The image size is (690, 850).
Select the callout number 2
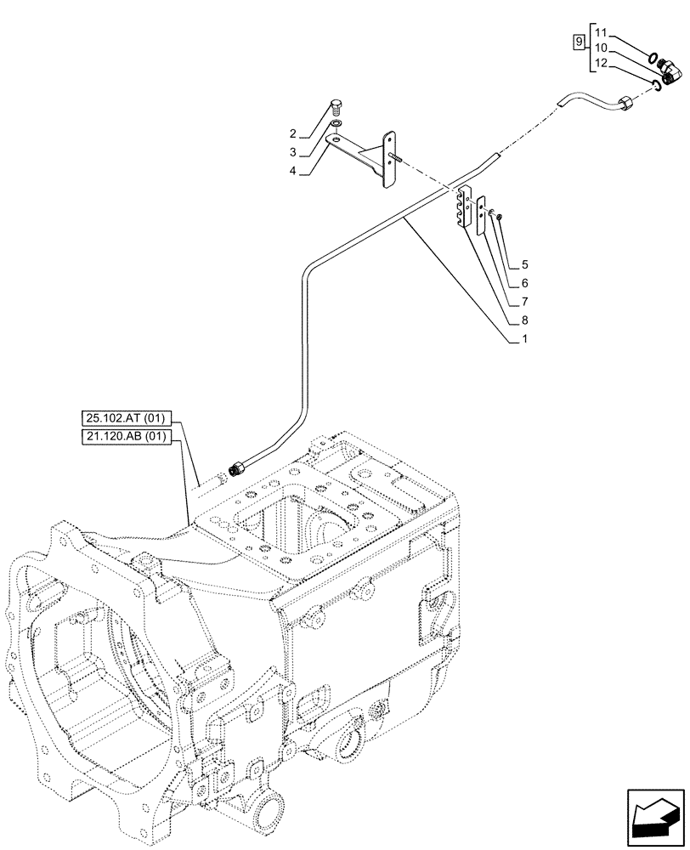[x=292, y=133]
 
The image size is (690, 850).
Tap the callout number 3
[x=292, y=152]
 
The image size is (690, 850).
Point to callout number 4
[x=292, y=171]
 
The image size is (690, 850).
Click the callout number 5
[x=525, y=264]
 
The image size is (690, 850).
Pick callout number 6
[x=525, y=283]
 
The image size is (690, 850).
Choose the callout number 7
[x=525, y=302]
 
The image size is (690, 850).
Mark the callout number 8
[x=525, y=321]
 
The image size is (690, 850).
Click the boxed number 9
[x=578, y=41]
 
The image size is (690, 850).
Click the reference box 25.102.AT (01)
[x=127, y=417]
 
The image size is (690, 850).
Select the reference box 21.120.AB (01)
[x=127, y=437]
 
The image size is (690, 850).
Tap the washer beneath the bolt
[x=337, y=123]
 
